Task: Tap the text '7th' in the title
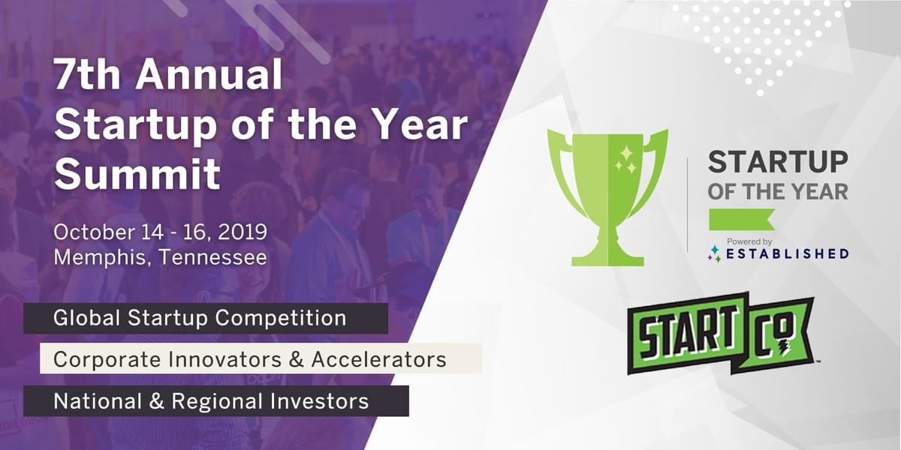tap(87, 75)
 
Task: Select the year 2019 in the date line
tap(243, 232)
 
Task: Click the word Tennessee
tap(213, 257)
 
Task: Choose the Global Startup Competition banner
tap(206, 318)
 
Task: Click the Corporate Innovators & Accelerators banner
tap(261, 358)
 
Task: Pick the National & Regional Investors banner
tap(216, 401)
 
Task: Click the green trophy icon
tap(607, 197)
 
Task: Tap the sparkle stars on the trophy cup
tap(626, 160)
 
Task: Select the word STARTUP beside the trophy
tap(778, 162)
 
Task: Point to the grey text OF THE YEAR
tap(778, 192)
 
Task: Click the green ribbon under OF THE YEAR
tap(742, 219)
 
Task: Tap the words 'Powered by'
tap(749, 241)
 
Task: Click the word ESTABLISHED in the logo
tap(788, 254)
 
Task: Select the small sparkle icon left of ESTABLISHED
tap(715, 253)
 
